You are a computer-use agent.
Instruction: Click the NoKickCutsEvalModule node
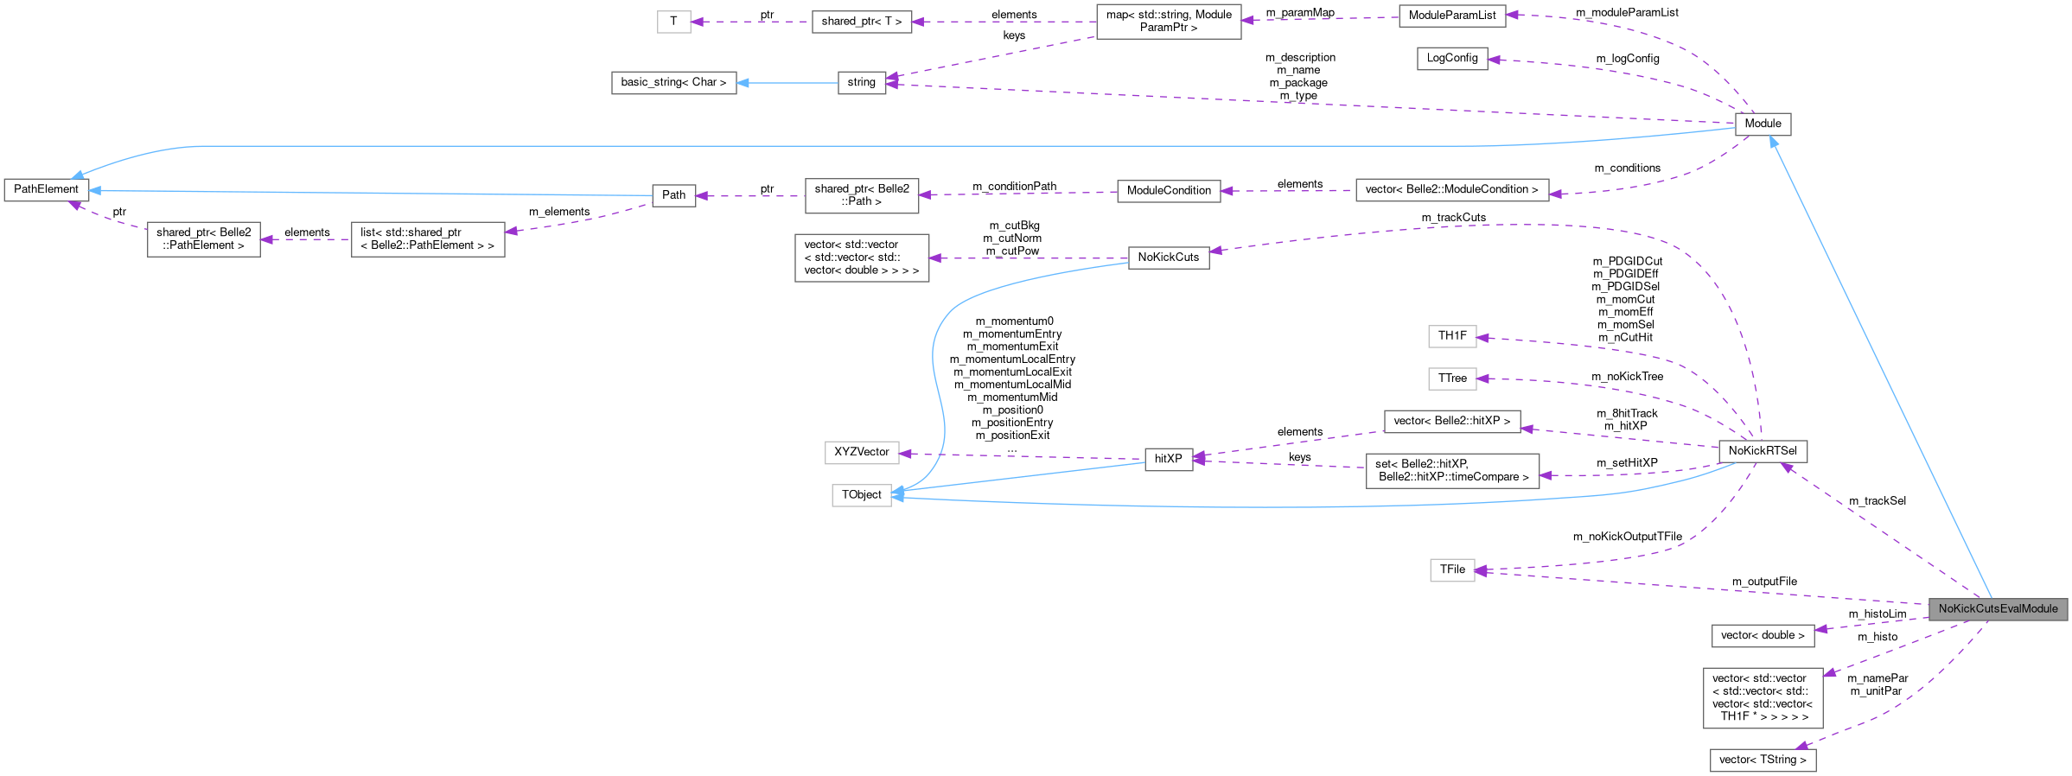(1998, 608)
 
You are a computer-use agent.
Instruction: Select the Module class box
(1763, 124)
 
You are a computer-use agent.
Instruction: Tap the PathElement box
(46, 189)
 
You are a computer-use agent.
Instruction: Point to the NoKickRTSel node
(1763, 450)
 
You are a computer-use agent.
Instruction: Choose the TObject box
(861, 494)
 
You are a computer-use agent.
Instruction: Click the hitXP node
(1168, 459)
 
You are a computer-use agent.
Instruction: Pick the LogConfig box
(1451, 58)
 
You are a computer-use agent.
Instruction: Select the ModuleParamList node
(1451, 16)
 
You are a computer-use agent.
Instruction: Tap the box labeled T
(673, 22)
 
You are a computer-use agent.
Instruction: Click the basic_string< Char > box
(673, 82)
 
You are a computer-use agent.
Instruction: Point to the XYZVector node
(861, 452)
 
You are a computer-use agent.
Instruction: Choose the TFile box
(1452, 569)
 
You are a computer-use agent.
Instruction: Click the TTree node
(1452, 378)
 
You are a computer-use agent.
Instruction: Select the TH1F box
(1452, 335)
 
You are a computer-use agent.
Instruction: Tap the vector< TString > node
(1763, 760)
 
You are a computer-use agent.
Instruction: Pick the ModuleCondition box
(1169, 190)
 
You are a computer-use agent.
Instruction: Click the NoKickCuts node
(1168, 258)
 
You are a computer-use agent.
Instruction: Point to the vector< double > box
(1763, 635)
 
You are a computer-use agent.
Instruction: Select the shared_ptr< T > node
(861, 22)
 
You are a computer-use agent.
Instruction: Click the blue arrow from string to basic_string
(787, 83)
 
